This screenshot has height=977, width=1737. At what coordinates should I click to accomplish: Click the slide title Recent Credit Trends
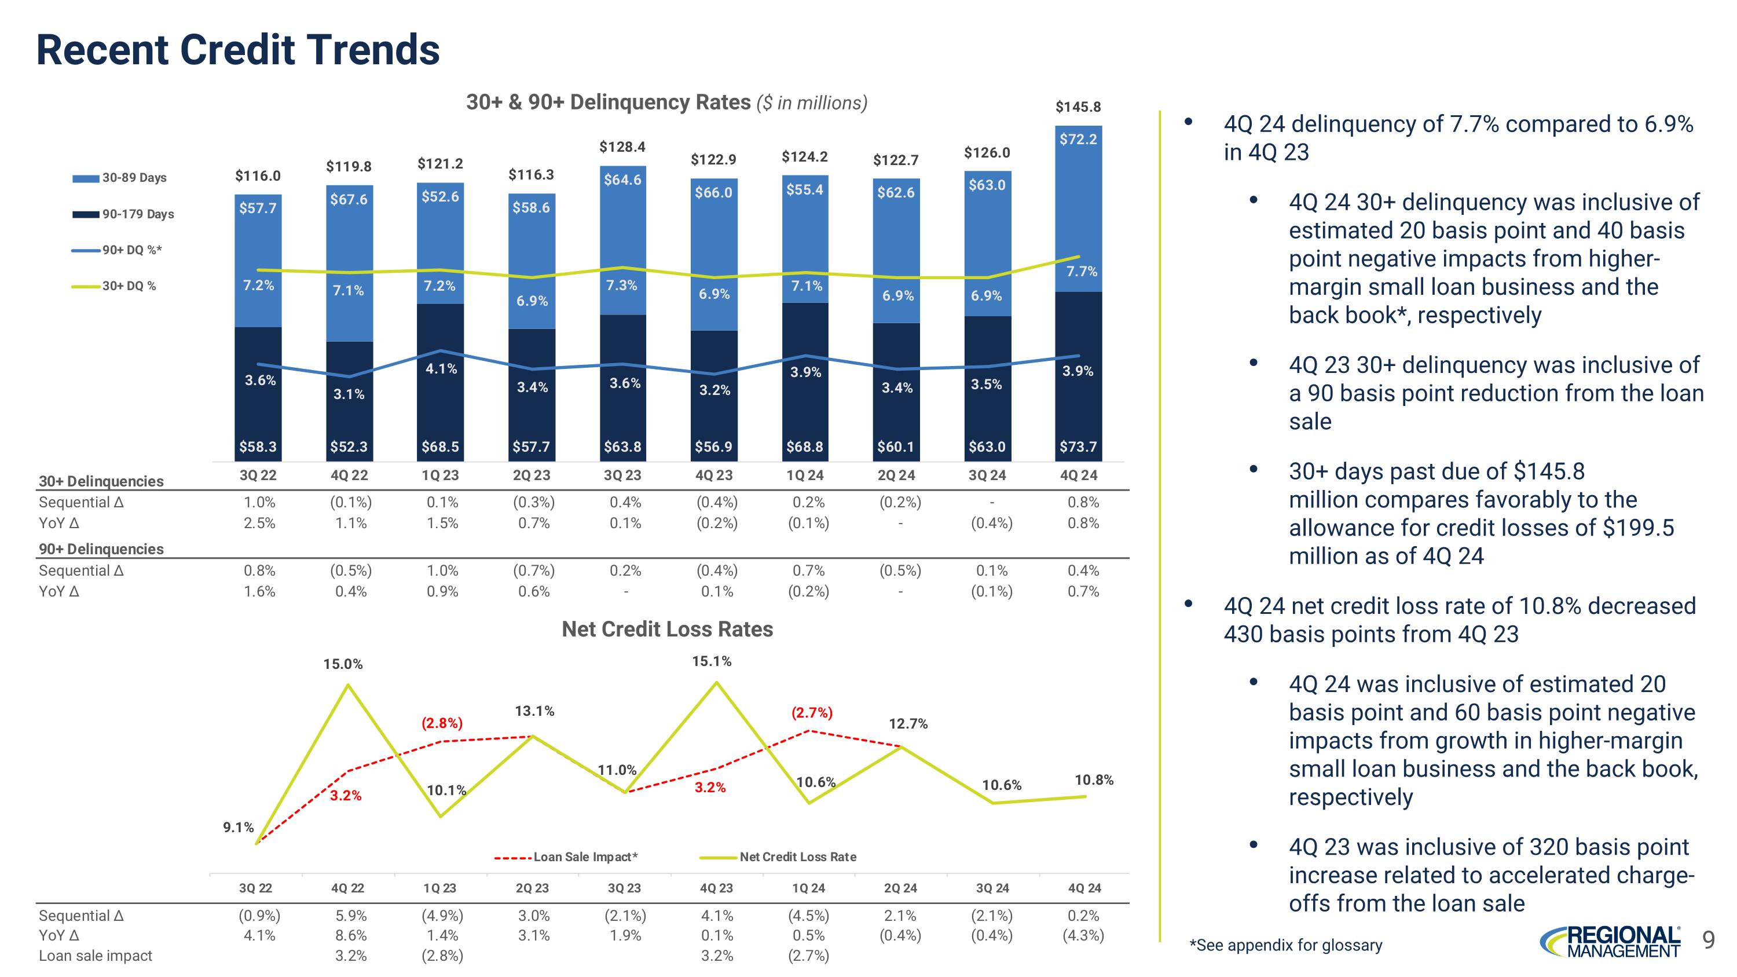(x=237, y=50)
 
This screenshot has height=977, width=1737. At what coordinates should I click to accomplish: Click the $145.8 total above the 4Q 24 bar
(x=1078, y=107)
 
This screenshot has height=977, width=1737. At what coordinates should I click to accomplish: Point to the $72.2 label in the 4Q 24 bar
(x=1078, y=140)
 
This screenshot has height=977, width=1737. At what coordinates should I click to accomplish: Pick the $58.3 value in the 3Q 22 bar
(x=258, y=447)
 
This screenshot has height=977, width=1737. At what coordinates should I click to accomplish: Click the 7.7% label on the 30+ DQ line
(x=1082, y=272)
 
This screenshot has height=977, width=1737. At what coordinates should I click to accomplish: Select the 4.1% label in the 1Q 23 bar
(x=441, y=369)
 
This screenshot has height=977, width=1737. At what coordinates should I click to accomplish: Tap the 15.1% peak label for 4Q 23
(x=712, y=661)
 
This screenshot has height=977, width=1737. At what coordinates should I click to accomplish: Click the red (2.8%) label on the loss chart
(x=442, y=723)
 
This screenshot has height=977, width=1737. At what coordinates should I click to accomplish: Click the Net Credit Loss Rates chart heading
(x=667, y=629)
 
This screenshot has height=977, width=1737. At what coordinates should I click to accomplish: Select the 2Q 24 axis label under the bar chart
(x=896, y=475)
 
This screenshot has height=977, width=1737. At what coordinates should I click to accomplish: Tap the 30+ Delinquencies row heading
(x=101, y=481)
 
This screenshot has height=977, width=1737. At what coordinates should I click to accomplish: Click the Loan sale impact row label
(x=95, y=956)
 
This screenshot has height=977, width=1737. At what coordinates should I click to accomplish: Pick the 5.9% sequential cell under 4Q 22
(x=351, y=916)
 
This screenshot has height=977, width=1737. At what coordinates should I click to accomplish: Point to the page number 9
(x=1708, y=940)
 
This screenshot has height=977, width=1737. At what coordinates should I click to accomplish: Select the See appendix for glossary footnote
(x=1285, y=945)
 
